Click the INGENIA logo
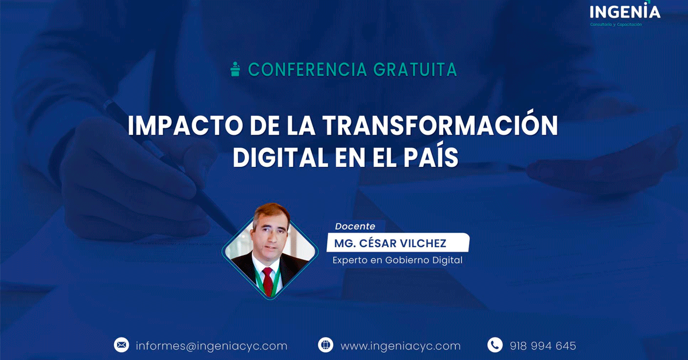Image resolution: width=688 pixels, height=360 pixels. coord(625,11)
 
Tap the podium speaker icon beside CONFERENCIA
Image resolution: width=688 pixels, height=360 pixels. coord(235,69)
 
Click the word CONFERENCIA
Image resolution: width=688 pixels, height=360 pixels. coord(307,69)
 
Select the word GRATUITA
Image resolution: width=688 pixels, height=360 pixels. coord(415,69)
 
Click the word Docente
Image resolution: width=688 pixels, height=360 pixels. coord(355,226)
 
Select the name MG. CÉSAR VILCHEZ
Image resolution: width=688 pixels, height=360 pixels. coord(390,243)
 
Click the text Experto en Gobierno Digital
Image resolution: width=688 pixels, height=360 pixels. coord(397,260)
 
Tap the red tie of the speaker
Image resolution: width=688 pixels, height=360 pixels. coord(268,281)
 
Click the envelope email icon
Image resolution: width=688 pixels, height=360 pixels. coord(122,345)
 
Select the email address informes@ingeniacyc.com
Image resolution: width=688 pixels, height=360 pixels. coord(212,346)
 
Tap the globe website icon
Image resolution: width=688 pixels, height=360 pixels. coord(326,345)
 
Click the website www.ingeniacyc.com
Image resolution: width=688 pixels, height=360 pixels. coord(401,346)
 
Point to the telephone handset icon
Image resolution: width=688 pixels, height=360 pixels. coord(495,345)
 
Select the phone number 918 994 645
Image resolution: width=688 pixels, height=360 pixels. coord(543,346)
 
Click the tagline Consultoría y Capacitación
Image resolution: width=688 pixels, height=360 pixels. coord(616,24)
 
